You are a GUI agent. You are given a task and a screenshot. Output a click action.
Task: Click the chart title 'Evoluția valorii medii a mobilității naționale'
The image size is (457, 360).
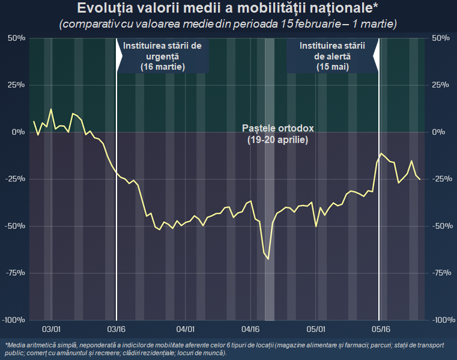click(x=228, y=8)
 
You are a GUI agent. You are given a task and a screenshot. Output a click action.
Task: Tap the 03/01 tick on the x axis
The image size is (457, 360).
click(x=51, y=329)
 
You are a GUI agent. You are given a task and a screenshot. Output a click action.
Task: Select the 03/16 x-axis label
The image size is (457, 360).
click(x=117, y=329)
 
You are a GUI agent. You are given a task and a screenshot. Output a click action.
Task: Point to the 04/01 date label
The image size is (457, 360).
click(x=186, y=329)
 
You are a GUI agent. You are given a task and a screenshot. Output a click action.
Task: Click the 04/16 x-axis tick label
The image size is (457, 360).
click(x=250, y=329)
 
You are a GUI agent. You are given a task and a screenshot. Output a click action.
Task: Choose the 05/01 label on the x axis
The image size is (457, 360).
click(x=316, y=329)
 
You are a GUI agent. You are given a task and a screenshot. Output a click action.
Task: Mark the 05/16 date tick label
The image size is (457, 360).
click(x=381, y=329)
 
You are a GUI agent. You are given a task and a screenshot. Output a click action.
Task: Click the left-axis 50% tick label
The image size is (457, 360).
click(x=16, y=38)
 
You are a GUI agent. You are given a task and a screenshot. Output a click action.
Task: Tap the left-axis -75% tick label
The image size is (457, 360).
click(x=15, y=273)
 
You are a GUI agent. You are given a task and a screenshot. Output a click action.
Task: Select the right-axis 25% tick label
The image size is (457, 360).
click(x=440, y=85)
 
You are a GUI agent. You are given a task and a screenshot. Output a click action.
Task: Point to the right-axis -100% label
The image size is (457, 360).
click(x=443, y=320)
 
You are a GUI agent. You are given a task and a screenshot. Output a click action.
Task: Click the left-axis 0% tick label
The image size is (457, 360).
click(x=18, y=132)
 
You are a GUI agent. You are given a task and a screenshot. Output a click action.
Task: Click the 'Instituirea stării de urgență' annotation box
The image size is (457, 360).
click(x=163, y=56)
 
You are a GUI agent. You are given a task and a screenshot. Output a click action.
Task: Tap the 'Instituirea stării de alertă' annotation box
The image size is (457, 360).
click(x=333, y=56)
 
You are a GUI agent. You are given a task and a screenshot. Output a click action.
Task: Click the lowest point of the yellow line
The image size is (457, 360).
click(x=268, y=259)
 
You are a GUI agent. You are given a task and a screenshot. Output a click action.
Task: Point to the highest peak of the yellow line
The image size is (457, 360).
click(x=51, y=109)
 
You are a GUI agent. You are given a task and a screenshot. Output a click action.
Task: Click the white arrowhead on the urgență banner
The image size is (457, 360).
click(x=120, y=55)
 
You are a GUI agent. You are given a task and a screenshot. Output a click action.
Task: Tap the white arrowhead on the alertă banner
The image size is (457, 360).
click(x=376, y=55)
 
